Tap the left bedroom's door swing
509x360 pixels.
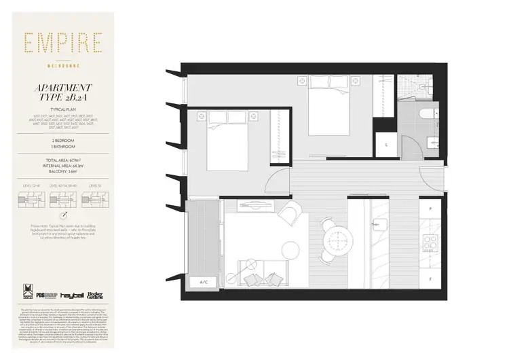point(279,180)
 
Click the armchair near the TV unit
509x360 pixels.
point(288,214)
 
